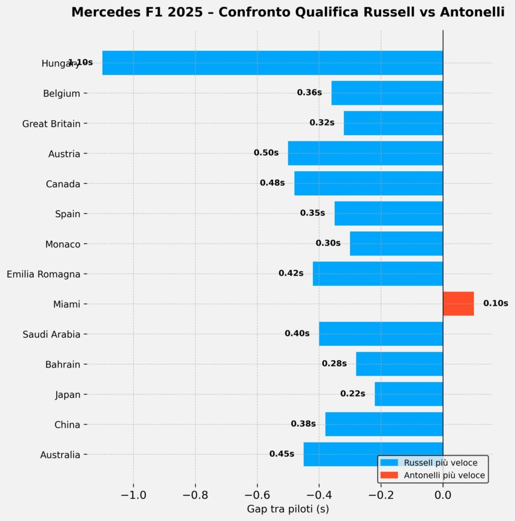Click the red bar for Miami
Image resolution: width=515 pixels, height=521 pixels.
pos(458,303)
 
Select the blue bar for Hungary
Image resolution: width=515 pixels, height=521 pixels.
pos(272,63)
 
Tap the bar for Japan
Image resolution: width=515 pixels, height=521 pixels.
pos(409,394)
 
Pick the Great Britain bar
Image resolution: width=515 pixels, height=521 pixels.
pos(393,123)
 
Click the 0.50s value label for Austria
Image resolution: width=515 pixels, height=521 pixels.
pos(266,153)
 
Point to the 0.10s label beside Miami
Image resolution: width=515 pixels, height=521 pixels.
pos(496,303)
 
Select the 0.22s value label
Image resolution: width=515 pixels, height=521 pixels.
pos(352,394)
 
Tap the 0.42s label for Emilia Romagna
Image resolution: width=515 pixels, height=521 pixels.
pos(291,273)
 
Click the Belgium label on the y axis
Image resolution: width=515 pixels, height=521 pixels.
pos(61,93)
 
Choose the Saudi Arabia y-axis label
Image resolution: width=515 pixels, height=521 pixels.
pos(51,334)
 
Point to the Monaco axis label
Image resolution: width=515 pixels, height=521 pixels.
pos(62,244)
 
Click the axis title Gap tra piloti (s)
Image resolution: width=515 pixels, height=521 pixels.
pos(288,508)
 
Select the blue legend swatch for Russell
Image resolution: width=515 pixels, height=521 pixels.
pos(389,463)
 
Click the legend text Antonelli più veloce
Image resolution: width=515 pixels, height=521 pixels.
pos(445,475)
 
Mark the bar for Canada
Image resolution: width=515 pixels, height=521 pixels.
pos(369,183)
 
